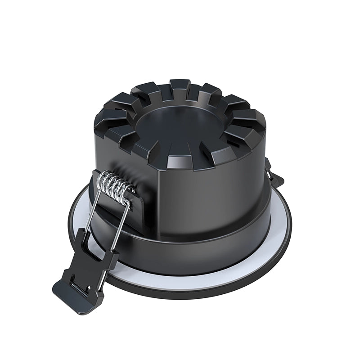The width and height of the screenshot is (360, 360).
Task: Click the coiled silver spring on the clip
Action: tap(115, 185)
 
